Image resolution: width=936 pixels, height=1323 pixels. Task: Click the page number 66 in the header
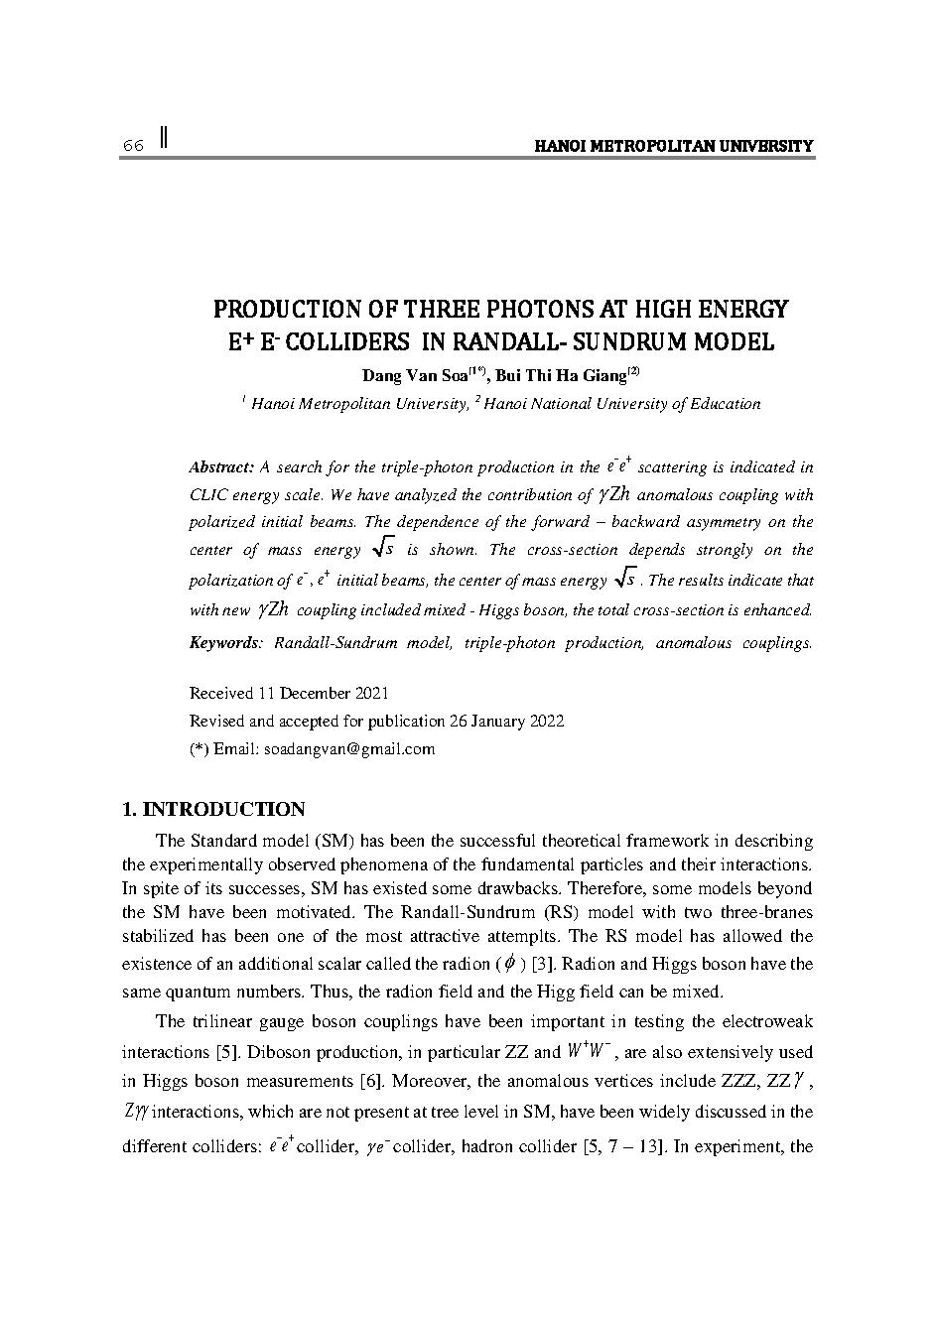133,147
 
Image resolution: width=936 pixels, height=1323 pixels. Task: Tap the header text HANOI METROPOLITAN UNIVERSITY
674,147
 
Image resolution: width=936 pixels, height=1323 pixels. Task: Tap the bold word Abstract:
222,467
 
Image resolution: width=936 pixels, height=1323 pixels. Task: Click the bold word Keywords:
225,643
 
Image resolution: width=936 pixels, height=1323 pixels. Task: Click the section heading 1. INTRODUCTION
212,809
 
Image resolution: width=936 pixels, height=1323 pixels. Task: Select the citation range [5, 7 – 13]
623,1148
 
